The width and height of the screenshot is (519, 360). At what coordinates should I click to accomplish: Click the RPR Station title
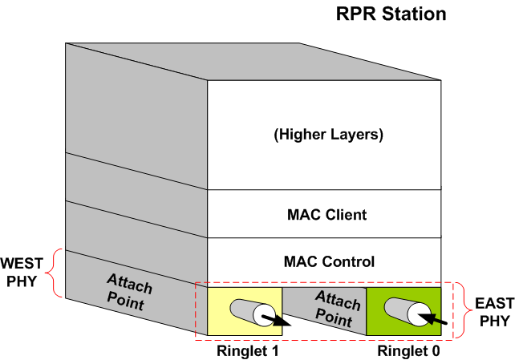point(391,14)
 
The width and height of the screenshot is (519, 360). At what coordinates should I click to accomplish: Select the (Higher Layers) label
point(328,135)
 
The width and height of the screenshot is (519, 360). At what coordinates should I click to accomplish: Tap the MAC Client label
point(327,215)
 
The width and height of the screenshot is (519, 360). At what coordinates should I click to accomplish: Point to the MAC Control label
point(329,261)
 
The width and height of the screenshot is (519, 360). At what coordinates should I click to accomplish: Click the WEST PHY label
point(22,273)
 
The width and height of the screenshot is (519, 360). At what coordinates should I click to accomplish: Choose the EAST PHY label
point(494,312)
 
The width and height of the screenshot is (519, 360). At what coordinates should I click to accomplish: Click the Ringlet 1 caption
point(248,351)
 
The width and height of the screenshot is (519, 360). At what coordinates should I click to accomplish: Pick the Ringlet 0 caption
point(408,351)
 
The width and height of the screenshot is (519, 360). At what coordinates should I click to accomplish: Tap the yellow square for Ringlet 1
point(245,311)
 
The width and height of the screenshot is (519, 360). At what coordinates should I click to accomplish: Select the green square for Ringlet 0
point(403,311)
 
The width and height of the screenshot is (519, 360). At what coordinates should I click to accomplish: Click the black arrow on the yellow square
point(276,321)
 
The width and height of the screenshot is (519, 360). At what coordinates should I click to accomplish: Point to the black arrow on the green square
point(432,318)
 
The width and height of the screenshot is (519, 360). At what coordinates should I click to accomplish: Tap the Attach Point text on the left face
point(129,292)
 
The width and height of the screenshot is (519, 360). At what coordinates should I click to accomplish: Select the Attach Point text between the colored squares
point(337,309)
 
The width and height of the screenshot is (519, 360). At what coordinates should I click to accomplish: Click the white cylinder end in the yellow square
point(264,314)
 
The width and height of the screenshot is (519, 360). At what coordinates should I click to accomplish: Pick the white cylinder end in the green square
point(419,314)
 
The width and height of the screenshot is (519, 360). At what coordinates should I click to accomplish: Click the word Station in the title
point(414,14)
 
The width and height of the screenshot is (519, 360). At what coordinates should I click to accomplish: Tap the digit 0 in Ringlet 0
point(435,351)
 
